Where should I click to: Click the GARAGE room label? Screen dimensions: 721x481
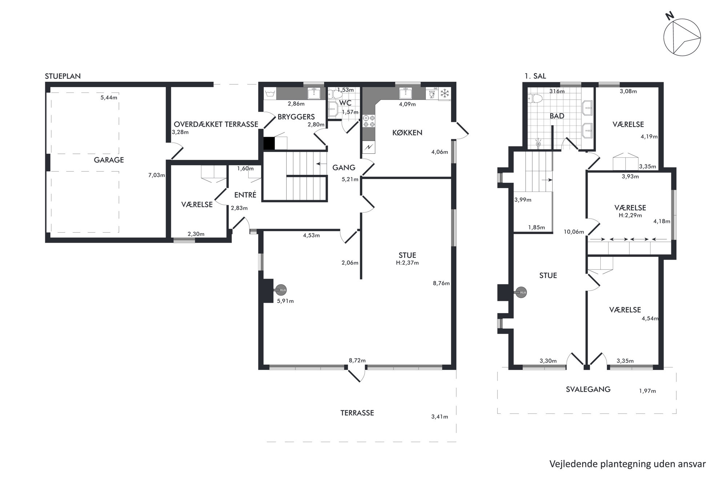109,160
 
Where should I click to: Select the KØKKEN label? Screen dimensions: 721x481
407,133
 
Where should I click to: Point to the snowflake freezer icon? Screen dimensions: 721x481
444,93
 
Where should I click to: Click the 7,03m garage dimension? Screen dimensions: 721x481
157,175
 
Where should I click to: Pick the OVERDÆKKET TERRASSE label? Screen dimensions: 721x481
216,124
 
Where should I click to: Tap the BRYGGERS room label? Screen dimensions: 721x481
296,117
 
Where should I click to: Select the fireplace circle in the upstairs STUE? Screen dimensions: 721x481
521,292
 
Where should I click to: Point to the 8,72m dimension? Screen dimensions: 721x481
357,361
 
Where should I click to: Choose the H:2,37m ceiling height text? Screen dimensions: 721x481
407,263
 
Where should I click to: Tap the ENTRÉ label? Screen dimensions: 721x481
245,195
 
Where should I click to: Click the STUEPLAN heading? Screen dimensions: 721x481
63,76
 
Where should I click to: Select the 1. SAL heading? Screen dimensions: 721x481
535,76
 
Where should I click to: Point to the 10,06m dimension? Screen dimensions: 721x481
574,232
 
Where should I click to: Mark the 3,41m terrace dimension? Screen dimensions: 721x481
440,417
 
